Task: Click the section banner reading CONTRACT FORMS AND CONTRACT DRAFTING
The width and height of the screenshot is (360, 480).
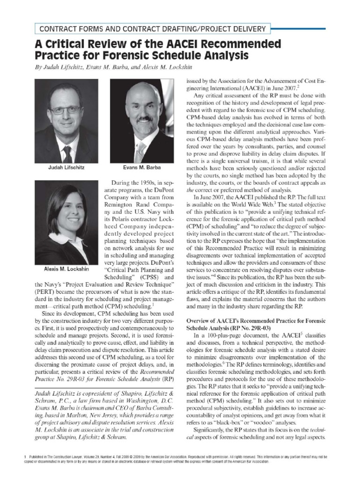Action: click(x=150, y=29)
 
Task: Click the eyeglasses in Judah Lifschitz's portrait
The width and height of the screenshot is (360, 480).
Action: click(x=65, y=110)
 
